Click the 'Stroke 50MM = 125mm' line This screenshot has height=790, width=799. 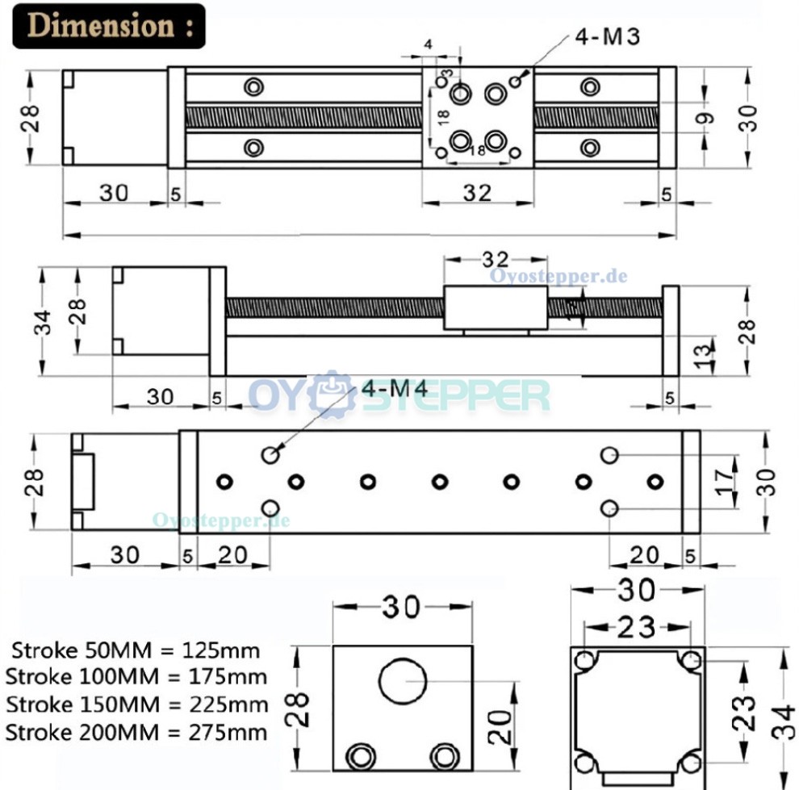[136, 650]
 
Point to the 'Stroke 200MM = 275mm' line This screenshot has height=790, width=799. [136, 733]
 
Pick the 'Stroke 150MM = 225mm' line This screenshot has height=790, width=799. [136, 704]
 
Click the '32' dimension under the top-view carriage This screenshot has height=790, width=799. [478, 193]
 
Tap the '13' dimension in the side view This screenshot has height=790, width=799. [704, 351]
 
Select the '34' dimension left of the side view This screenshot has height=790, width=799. [44, 321]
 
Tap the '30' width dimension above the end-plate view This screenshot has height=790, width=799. [402, 608]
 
